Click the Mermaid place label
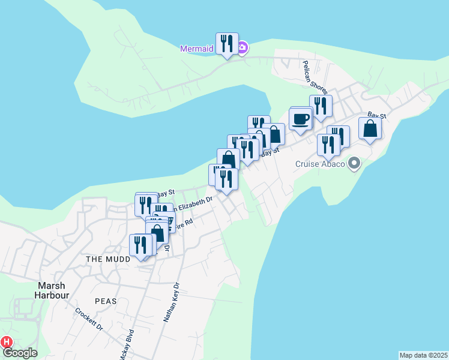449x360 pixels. pos(197,49)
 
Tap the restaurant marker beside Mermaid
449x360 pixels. pos(227,44)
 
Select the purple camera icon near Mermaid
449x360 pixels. pos(241,49)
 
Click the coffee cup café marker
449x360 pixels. pos(300,119)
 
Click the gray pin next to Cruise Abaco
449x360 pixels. pos(354,163)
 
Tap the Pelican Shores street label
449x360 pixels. pos(315,77)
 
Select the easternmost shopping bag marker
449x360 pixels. pos(370,129)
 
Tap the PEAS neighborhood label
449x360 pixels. pos(104,301)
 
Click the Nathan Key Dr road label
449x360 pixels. pos(171,303)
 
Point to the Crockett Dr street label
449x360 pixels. pos(89,320)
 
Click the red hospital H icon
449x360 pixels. pos(6,342)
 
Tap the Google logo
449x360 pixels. pos(20,353)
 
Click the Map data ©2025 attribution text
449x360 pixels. pos(423,355)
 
